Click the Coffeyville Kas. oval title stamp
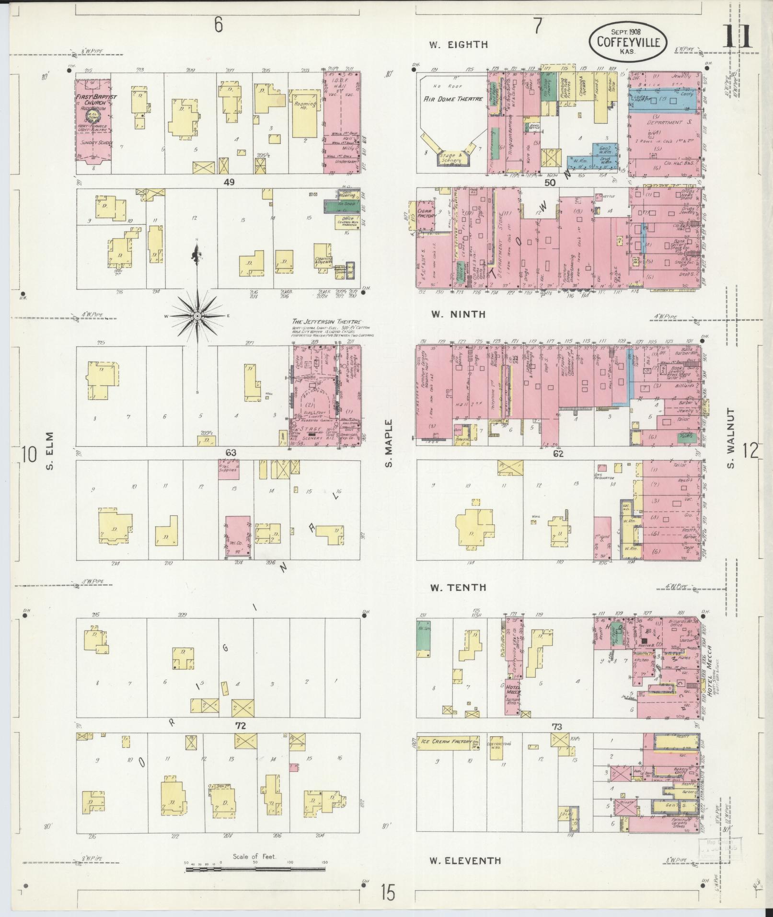tap(627, 42)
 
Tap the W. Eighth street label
tap(458, 45)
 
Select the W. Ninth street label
tap(458, 314)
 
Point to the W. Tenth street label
tap(458, 588)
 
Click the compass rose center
tap(197, 317)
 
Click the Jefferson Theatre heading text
tap(327, 322)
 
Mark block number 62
tap(558, 453)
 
